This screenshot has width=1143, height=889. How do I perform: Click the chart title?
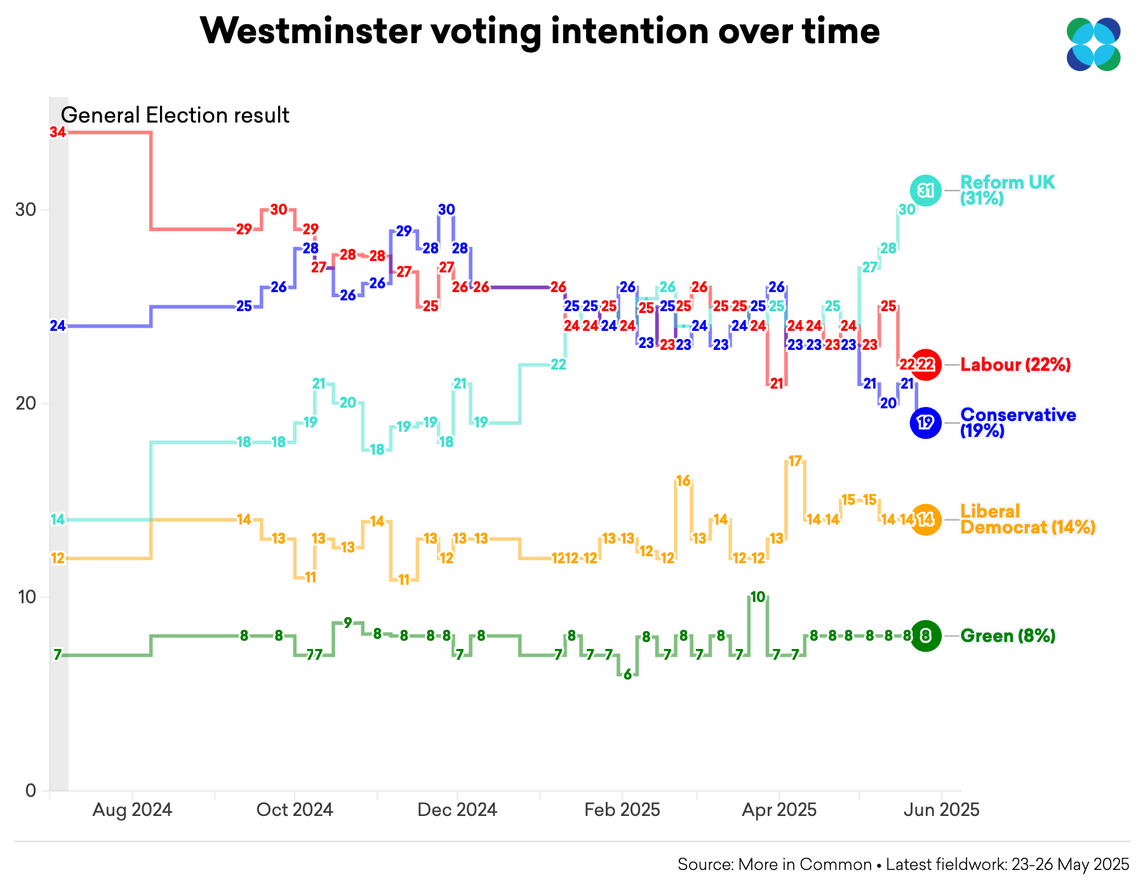point(540,30)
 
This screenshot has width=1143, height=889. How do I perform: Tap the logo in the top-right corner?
point(1093,44)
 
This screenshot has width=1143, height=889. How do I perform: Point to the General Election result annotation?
point(175,115)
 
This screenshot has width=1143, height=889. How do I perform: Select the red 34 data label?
point(58,132)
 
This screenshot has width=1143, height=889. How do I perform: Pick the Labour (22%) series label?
point(1015,364)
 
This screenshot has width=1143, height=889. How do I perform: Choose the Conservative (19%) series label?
point(1018,422)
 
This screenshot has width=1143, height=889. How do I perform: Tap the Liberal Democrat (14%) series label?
point(1027,519)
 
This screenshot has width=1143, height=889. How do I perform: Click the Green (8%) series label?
point(1008,636)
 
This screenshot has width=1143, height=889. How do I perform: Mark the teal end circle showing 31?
point(926,190)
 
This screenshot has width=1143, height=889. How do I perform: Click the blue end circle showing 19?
point(926,422)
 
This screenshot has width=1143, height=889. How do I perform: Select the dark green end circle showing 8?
point(926,636)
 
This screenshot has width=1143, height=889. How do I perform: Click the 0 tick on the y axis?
point(30,791)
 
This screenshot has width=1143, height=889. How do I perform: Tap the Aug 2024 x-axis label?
point(132,810)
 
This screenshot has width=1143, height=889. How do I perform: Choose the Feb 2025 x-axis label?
point(622,810)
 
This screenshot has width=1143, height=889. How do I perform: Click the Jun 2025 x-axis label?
point(941,810)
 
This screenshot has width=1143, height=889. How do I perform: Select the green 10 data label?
point(758,597)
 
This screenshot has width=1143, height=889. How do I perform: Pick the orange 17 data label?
point(795,461)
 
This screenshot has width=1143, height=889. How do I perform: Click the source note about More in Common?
point(903,864)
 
